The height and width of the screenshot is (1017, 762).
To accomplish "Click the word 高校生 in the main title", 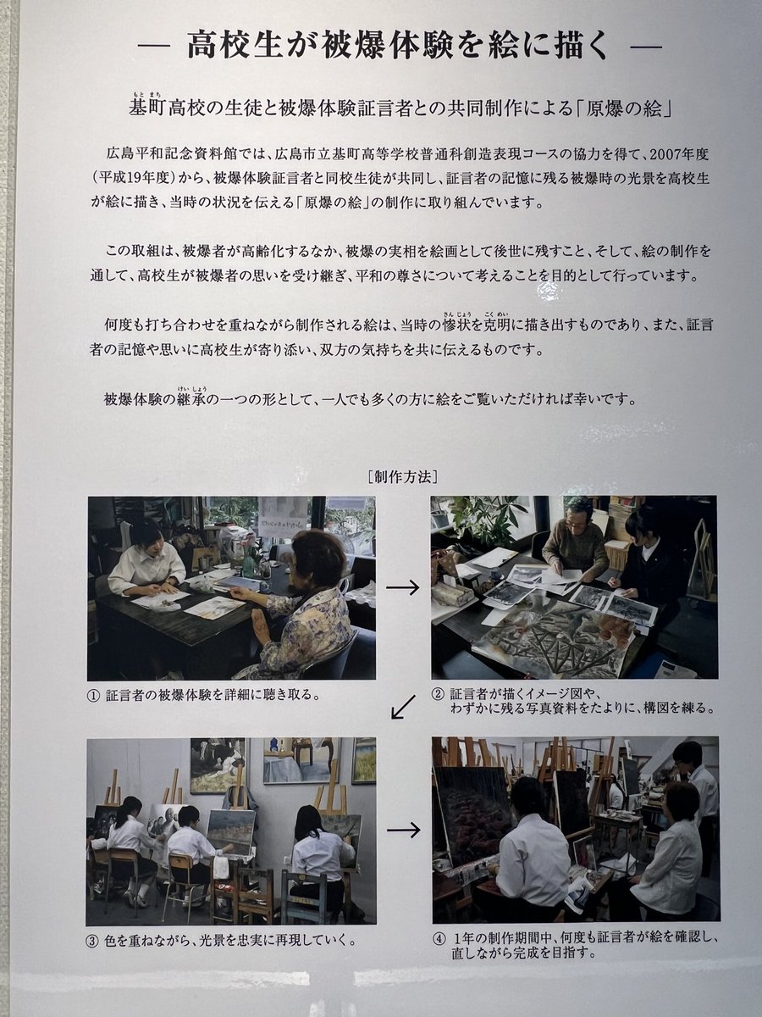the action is pyautogui.click(x=236, y=46).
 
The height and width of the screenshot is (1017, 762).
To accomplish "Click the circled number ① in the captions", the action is pyautogui.click(x=93, y=695).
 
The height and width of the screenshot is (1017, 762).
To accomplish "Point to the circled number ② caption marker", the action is pyautogui.click(x=437, y=693).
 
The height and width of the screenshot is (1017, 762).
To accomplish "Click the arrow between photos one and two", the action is pyautogui.click(x=402, y=587).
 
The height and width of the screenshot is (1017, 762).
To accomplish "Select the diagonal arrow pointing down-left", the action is pyautogui.click(x=403, y=707).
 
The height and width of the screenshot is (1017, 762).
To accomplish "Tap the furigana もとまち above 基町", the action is pyautogui.click(x=147, y=96).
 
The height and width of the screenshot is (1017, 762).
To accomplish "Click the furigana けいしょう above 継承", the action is pyautogui.click(x=191, y=388).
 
